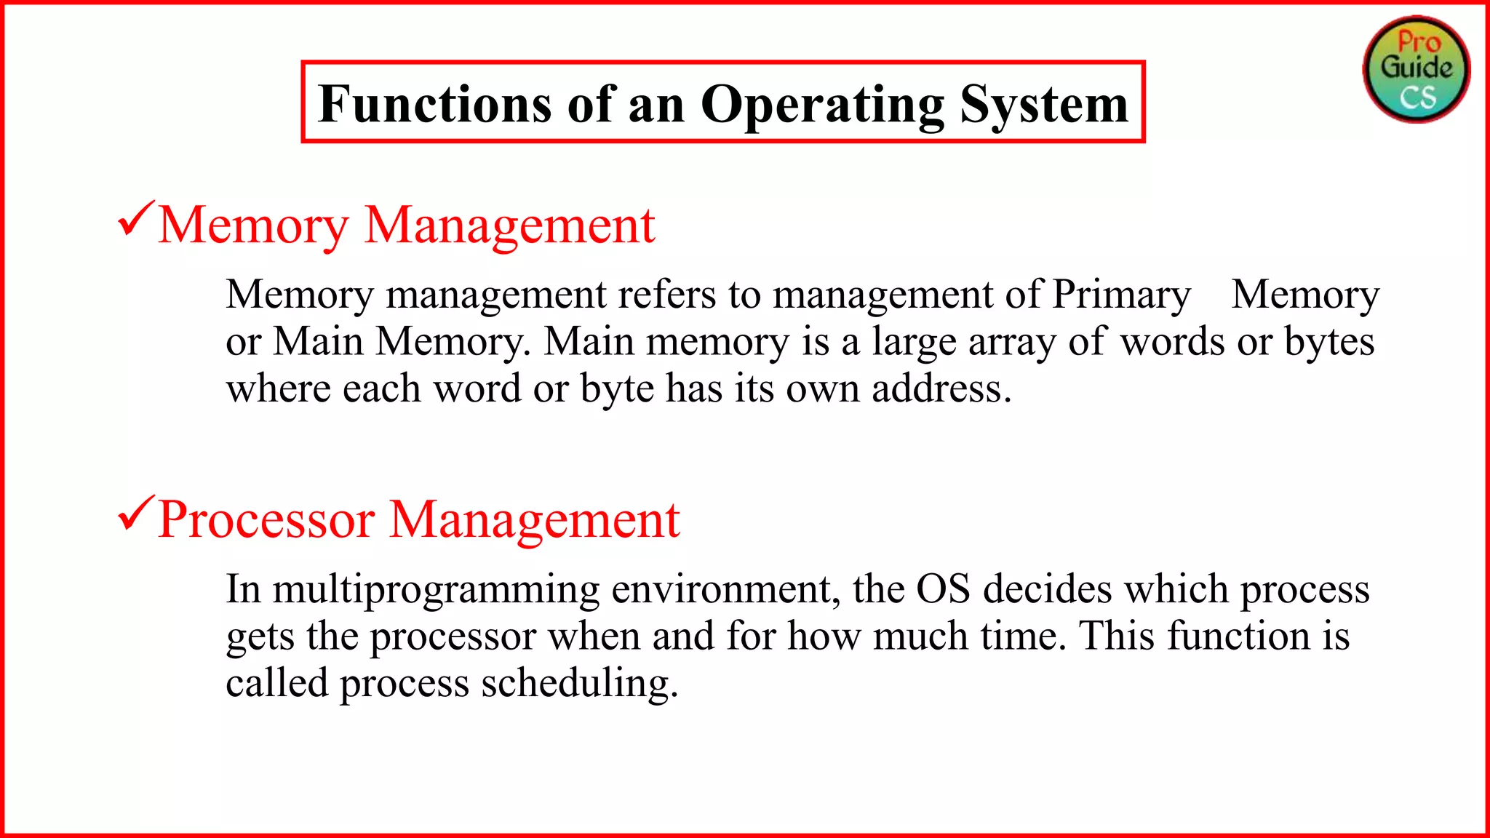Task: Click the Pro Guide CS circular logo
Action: point(1416,69)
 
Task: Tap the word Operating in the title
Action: point(822,105)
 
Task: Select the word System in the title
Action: point(1044,105)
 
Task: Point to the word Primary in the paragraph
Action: point(1121,295)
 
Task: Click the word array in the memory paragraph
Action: point(1012,342)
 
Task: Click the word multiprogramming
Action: point(436,590)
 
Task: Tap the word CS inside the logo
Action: point(1418,97)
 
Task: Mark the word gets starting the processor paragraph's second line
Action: point(260,637)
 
